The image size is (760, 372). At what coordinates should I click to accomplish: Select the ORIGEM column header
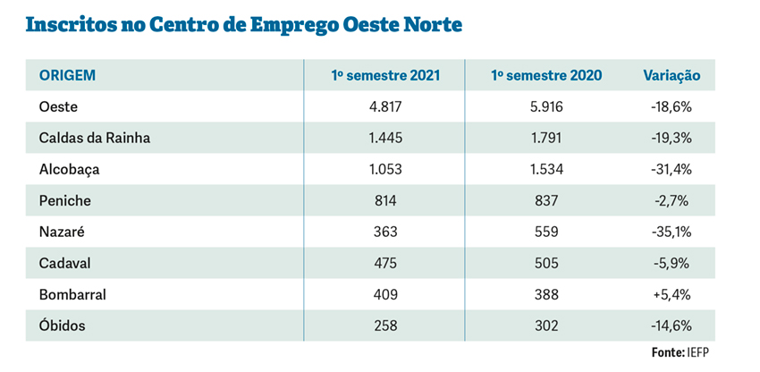(x=67, y=75)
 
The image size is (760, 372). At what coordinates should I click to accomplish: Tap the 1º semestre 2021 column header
(x=385, y=75)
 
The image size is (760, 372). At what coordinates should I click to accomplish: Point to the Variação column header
(x=671, y=75)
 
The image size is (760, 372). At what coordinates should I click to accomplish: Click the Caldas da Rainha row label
(x=94, y=138)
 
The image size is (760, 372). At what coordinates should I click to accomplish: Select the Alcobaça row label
(x=71, y=169)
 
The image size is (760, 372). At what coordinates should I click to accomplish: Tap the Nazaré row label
(x=63, y=232)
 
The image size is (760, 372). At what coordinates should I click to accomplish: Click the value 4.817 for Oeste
(x=386, y=106)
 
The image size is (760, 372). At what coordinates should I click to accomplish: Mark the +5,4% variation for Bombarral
(x=671, y=294)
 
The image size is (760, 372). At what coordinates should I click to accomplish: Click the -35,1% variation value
(x=671, y=232)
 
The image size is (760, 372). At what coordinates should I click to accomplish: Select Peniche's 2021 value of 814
(x=386, y=200)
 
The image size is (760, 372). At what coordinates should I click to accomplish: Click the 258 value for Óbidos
(x=386, y=325)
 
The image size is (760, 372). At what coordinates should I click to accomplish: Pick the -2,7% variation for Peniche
(x=671, y=200)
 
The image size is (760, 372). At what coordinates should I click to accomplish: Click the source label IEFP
(x=702, y=352)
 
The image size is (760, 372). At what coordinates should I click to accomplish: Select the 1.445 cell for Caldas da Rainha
(x=386, y=138)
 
